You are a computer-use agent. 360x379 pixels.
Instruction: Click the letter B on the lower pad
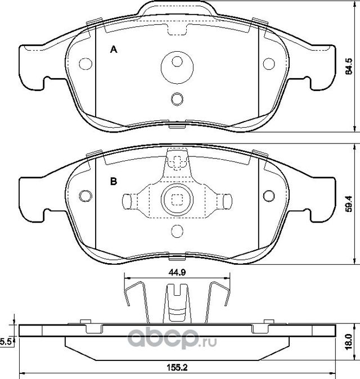[x=113, y=182]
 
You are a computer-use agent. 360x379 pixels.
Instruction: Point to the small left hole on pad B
[x=85, y=196]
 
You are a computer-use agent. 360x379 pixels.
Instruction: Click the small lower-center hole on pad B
[x=177, y=231]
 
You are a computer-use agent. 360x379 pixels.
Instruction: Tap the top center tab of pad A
[x=177, y=8]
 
